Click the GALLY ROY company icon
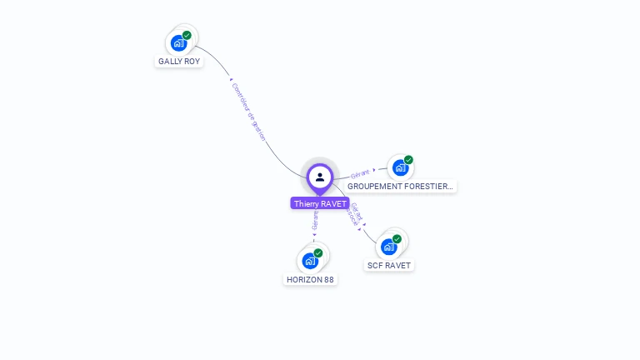[178, 43]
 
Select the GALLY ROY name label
[179, 62]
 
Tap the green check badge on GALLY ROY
[187, 35]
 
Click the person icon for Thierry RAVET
[320, 177]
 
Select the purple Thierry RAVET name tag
[320, 203]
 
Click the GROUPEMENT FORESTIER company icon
[400, 168]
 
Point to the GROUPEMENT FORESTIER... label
[401, 187]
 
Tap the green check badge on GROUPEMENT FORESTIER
[408, 160]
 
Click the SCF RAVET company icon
[388, 247]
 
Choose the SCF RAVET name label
[388, 266]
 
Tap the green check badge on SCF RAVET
[397, 239]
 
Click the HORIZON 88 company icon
[310, 261]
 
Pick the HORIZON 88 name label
[310, 280]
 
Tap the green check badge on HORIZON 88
[318, 252]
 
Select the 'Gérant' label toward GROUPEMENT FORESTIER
[360, 173]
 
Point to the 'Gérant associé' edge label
[355, 214]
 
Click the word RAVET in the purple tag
[333, 203]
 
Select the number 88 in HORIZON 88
[329, 280]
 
